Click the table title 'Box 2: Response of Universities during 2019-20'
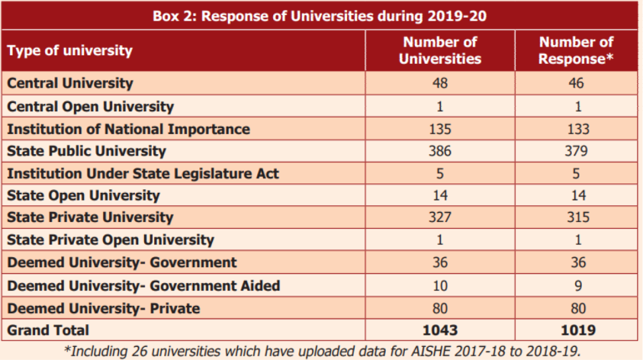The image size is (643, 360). click(320, 16)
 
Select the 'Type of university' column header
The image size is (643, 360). click(70, 51)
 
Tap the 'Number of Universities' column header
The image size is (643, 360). click(440, 51)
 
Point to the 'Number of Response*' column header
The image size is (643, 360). click(576, 51)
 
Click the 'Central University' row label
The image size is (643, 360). click(70, 83)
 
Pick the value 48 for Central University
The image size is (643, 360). click(440, 83)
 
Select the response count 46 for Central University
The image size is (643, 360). click(576, 83)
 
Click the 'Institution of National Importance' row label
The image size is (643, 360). click(129, 129)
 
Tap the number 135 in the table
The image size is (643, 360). click(440, 129)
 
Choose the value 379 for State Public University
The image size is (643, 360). click(576, 151)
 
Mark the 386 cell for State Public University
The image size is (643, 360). click(440, 151)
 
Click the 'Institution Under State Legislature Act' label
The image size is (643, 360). click(143, 173)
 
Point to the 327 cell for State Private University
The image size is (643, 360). click(440, 217)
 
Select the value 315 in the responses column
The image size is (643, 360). click(578, 217)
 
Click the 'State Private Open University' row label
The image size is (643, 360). click(110, 240)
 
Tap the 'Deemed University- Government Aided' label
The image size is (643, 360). click(143, 286)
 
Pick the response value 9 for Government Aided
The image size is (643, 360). click(578, 286)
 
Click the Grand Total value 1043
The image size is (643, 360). click(440, 330)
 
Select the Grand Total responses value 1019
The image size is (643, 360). click(578, 330)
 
